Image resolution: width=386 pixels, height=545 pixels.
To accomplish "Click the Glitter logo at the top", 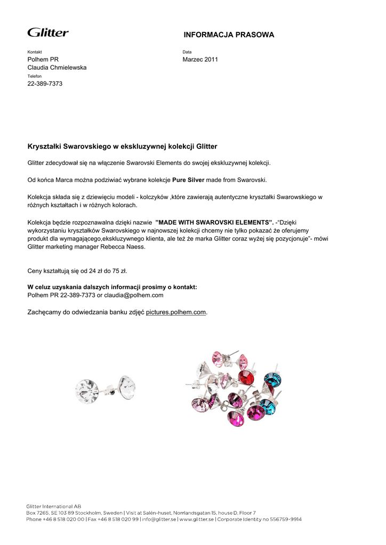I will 48,32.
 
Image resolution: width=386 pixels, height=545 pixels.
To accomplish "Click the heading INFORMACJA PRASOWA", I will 229,35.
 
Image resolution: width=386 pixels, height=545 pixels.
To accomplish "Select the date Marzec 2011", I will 200,60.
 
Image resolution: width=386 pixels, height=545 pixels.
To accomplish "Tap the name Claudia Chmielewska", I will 57,68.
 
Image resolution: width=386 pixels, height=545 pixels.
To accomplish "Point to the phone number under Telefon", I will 45,84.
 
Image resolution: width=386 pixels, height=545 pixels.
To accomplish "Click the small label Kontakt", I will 35,52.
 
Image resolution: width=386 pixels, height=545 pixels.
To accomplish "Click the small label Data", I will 187,52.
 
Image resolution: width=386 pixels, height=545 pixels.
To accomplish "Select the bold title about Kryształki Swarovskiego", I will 122,146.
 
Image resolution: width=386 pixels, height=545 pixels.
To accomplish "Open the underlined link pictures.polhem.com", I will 175,312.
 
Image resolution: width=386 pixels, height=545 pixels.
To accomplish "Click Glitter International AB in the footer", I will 54,506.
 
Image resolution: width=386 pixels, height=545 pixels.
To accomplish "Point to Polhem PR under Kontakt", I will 43,60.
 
